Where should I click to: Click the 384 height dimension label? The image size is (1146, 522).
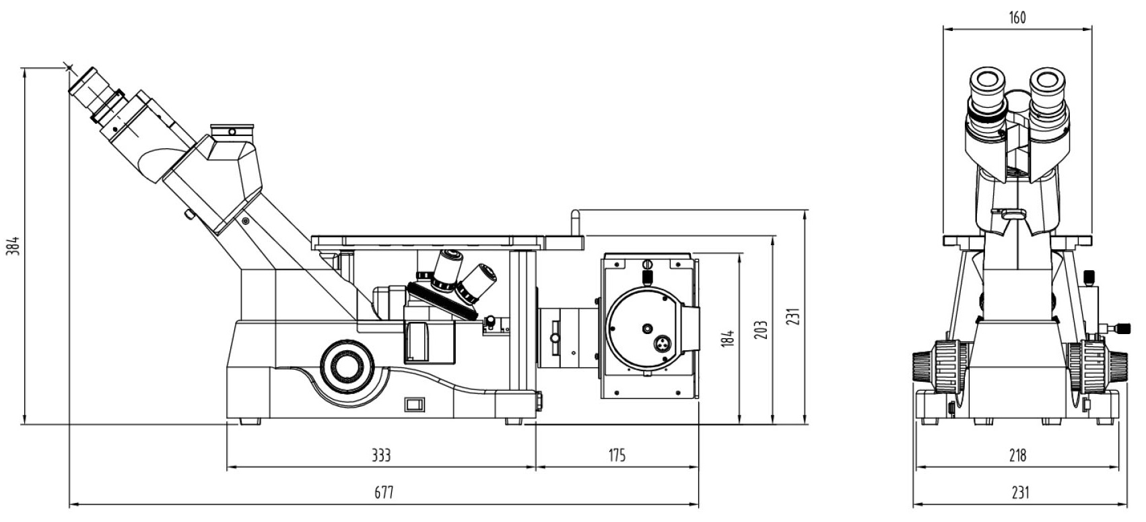tap(15, 246)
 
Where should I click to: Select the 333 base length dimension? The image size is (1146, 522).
tap(381, 455)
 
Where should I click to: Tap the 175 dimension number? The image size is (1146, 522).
tap(617, 455)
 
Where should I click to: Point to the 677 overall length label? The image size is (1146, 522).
tap(384, 493)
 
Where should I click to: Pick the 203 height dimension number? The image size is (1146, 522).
tap(761, 331)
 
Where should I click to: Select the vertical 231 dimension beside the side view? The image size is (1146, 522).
tap(793, 317)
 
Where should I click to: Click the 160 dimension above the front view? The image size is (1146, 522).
tap(1017, 18)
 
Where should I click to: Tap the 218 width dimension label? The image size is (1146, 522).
tap(1017, 455)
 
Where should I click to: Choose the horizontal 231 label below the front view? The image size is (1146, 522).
tap(1019, 493)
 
